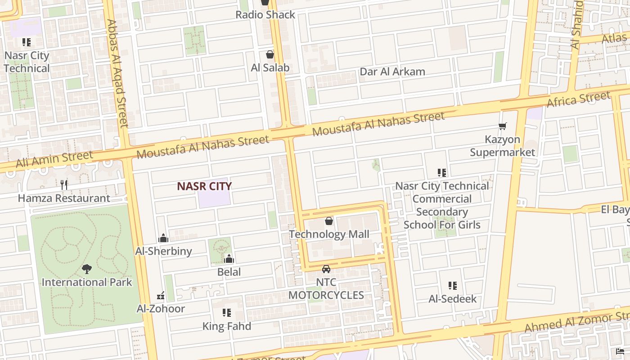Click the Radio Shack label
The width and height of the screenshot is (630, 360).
point(265,15)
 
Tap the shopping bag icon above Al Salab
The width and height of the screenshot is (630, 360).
point(270,54)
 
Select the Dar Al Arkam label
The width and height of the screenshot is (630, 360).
point(392,72)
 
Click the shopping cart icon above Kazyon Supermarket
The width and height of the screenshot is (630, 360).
point(503,126)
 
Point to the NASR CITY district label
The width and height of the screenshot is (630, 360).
point(204,186)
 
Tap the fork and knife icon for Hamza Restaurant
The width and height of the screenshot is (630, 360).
point(64,184)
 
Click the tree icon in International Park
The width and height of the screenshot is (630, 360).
point(87,269)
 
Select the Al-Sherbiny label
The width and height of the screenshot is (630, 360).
point(164,251)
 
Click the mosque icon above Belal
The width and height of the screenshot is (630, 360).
point(229,259)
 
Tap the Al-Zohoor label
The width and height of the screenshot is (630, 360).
point(161,309)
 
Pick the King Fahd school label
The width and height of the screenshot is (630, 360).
point(226,326)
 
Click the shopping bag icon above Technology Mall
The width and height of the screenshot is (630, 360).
point(329,221)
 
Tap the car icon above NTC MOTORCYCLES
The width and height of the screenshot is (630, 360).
point(326,269)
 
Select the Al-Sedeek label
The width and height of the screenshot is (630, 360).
point(452,299)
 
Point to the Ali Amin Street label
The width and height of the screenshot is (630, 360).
point(54,159)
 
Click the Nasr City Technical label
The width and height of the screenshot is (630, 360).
point(27,62)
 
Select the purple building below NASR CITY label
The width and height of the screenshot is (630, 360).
point(214,199)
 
